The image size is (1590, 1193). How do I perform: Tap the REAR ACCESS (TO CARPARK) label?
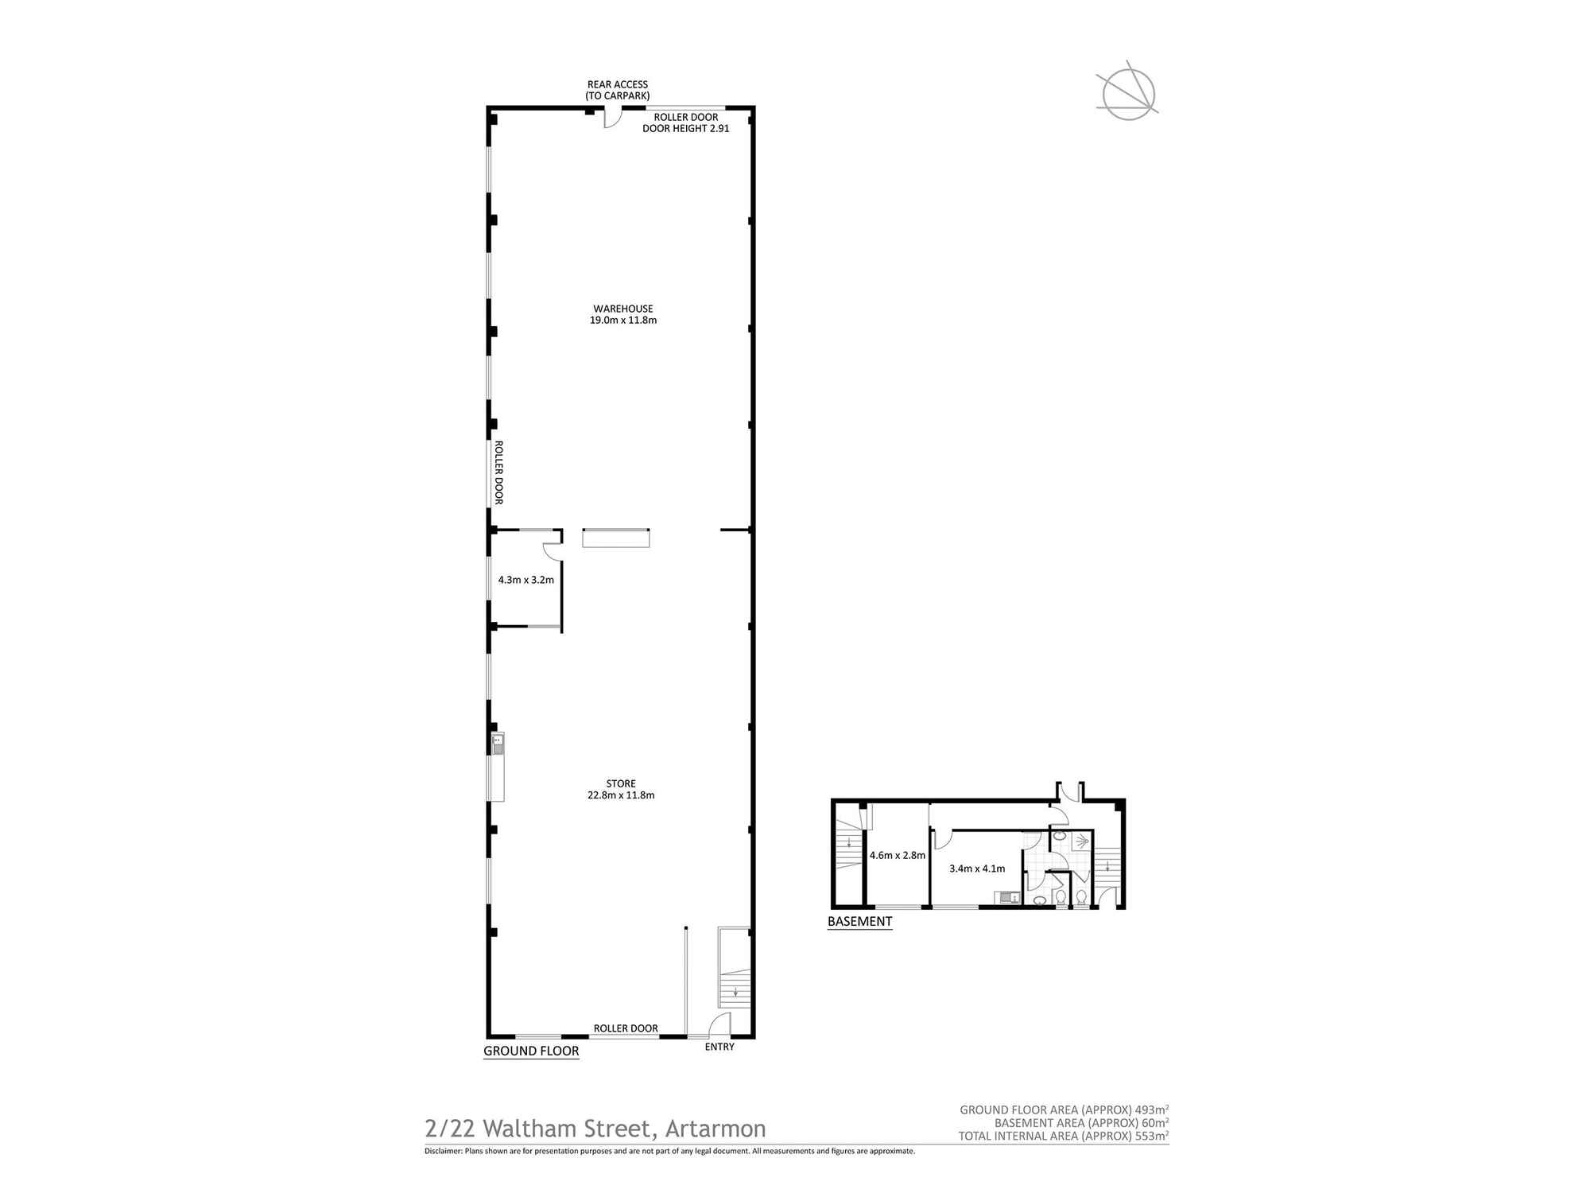pyautogui.click(x=618, y=90)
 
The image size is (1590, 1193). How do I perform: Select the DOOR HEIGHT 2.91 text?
pyautogui.click(x=685, y=128)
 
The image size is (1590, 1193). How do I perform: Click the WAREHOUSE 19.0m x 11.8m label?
pyautogui.click(x=622, y=314)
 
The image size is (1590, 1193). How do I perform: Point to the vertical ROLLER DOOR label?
pyautogui.click(x=499, y=472)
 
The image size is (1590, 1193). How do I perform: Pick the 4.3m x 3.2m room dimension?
pyautogui.click(x=525, y=580)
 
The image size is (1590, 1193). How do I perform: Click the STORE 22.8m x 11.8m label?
pyautogui.click(x=621, y=789)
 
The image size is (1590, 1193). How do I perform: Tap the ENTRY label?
pyautogui.click(x=719, y=1047)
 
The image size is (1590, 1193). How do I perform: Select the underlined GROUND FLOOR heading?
pyautogui.click(x=531, y=1051)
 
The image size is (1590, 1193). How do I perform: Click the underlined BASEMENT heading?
pyautogui.click(x=859, y=921)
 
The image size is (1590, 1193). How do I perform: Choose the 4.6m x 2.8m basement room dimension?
pyautogui.click(x=897, y=856)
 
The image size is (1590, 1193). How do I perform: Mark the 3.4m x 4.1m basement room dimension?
pyautogui.click(x=977, y=869)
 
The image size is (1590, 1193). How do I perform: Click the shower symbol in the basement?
pyautogui.click(x=1081, y=841)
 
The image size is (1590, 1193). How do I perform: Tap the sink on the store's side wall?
pyautogui.click(x=498, y=744)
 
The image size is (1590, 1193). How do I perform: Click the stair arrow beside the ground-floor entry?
pyautogui.click(x=736, y=992)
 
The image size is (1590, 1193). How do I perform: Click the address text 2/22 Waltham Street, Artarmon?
pyautogui.click(x=595, y=1128)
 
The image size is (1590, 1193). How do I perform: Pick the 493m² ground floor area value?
pyautogui.click(x=1152, y=1109)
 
